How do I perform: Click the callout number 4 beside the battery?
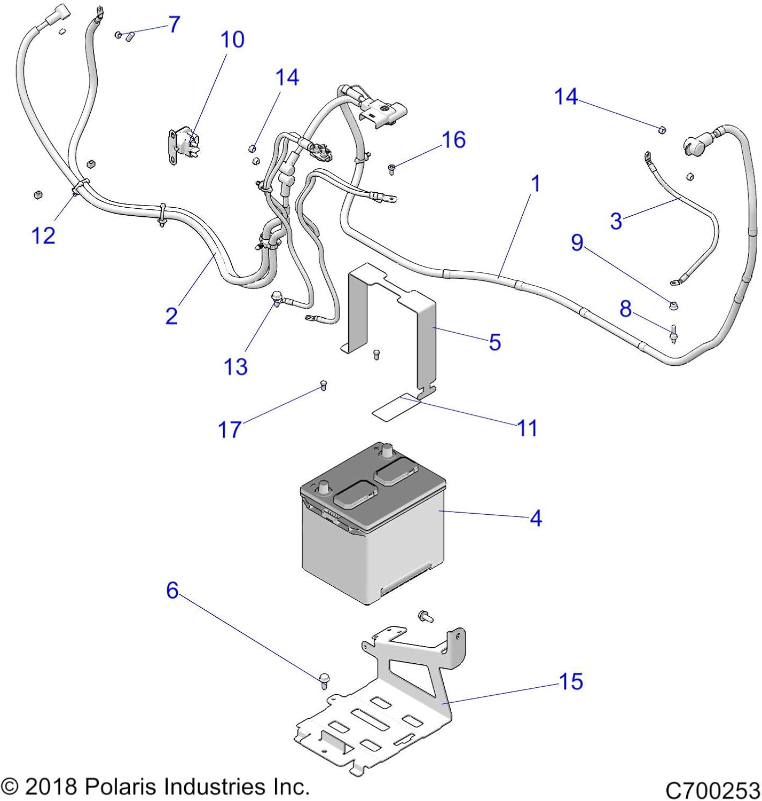click(x=536, y=518)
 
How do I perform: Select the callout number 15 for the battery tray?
click(x=570, y=681)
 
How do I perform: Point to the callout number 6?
click(x=172, y=590)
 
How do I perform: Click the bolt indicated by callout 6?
click(x=324, y=679)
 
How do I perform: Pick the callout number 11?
click(x=527, y=428)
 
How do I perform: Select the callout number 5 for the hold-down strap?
click(x=494, y=342)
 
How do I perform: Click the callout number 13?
click(x=235, y=367)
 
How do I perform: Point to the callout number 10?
click(x=232, y=40)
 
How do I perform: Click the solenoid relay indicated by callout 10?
click(x=184, y=145)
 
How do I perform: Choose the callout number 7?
click(x=174, y=25)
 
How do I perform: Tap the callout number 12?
click(x=43, y=235)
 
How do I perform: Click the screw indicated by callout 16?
click(x=391, y=169)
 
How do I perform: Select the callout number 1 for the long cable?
click(x=536, y=184)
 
